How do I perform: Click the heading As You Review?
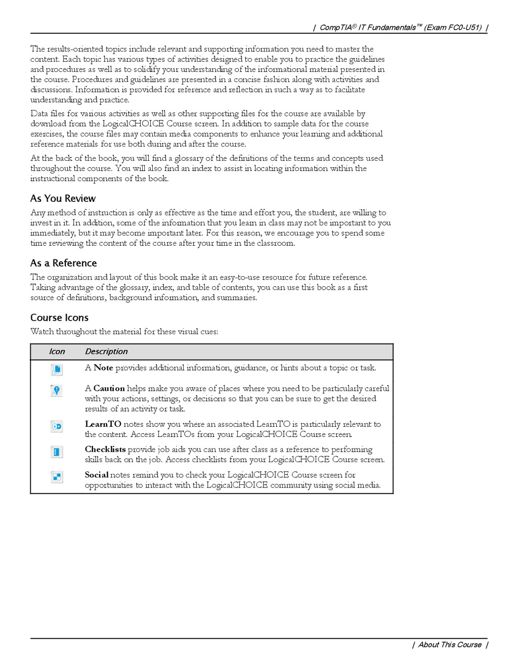coord(63,199)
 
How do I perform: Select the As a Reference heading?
coord(63,263)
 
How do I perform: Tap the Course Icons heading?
coord(59,318)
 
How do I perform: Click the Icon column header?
coord(57,352)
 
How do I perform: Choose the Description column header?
coord(106,352)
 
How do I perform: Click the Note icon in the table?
coord(57,370)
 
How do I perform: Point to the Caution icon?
coord(57,391)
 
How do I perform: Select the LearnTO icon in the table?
coord(57,427)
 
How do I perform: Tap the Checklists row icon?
coord(57,452)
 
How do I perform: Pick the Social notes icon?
coord(57,477)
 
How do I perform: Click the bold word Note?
coord(103,368)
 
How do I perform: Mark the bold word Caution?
coord(109,389)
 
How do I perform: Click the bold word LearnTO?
coord(103,424)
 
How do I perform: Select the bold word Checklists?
coord(105,450)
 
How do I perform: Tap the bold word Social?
coord(97,475)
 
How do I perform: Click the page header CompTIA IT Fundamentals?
coord(400,27)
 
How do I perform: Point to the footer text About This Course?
coord(450,645)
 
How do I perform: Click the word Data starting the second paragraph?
coord(39,114)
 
